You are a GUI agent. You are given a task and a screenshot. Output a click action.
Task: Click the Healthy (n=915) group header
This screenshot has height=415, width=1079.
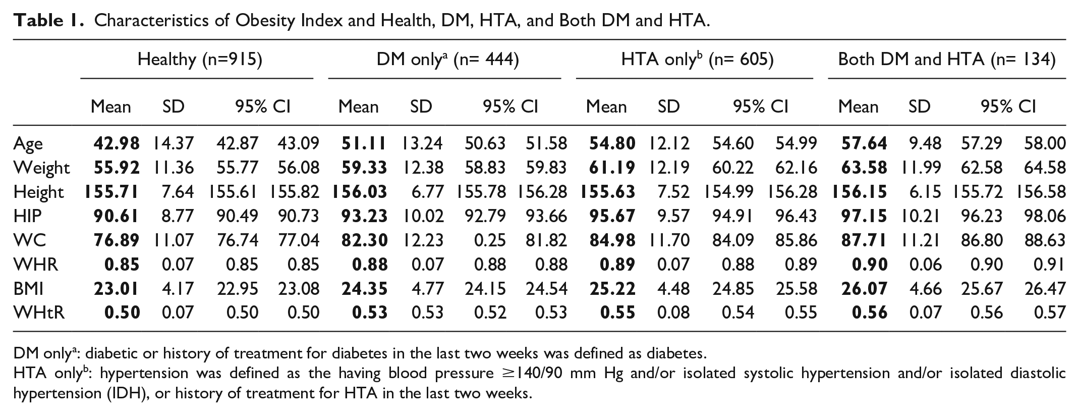pyautogui.click(x=200, y=60)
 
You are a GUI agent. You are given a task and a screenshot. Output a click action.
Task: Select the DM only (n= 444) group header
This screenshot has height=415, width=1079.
pyautogui.click(x=447, y=60)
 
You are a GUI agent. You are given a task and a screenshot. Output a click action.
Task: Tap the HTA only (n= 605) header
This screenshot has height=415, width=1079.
pyautogui.click(x=697, y=60)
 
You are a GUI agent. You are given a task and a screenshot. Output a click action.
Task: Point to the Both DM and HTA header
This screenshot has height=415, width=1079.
pyautogui.click(x=947, y=60)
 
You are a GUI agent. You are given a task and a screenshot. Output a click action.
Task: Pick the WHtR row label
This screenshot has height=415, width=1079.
pyautogui.click(x=39, y=313)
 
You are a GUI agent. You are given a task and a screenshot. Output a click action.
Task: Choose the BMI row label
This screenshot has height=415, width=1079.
pyautogui.click(x=28, y=288)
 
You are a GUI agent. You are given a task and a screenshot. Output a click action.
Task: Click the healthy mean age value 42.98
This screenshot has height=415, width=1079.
pyautogui.click(x=117, y=143)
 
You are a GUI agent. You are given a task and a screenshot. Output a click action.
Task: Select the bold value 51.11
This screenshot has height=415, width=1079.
pyautogui.click(x=364, y=143)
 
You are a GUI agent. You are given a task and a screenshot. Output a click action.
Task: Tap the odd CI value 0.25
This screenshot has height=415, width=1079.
pyautogui.click(x=490, y=240)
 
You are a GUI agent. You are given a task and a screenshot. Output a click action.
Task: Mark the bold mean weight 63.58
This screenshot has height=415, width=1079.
pyautogui.click(x=864, y=167)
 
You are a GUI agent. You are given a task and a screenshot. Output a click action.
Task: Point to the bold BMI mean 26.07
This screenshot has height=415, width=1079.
pyautogui.click(x=864, y=288)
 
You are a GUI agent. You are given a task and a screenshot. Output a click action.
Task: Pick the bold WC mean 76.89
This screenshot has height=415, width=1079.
pyautogui.click(x=117, y=240)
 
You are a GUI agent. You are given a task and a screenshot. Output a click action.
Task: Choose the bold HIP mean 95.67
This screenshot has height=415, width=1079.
pyautogui.click(x=612, y=216)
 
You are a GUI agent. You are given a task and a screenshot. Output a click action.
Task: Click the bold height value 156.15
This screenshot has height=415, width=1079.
pyautogui.click(x=857, y=191)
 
